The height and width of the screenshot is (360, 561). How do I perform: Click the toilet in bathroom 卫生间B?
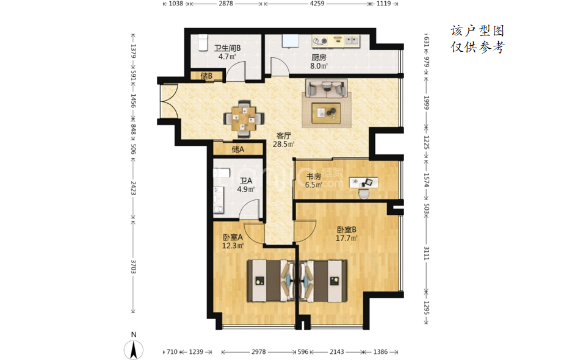pos(203,43)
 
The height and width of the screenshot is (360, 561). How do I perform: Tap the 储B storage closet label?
pos(206,76)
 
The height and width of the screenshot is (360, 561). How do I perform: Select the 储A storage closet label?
pos(238,149)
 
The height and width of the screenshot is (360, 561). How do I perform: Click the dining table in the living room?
pos(244,118)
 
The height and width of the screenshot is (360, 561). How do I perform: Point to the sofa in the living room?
pos(327,88)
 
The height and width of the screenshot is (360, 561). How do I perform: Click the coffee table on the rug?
pos(326,113)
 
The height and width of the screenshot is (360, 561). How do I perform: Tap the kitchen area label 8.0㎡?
pos(319,66)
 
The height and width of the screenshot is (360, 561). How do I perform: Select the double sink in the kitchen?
pos(352,41)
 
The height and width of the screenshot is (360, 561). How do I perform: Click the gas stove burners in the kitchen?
pos(320,41)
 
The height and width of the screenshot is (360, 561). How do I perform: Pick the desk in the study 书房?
pos(363,182)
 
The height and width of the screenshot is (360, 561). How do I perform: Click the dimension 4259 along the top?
pos(317,4)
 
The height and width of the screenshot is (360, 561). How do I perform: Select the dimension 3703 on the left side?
pos(133,267)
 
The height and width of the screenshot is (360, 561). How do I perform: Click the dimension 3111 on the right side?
pos(426,253)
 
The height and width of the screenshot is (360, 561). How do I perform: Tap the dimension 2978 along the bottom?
pos(258,352)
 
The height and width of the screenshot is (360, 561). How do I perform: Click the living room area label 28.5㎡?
pos(283,145)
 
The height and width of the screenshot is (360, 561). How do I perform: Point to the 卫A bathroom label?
pos(246,181)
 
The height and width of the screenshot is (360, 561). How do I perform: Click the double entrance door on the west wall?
pos(168,102)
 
